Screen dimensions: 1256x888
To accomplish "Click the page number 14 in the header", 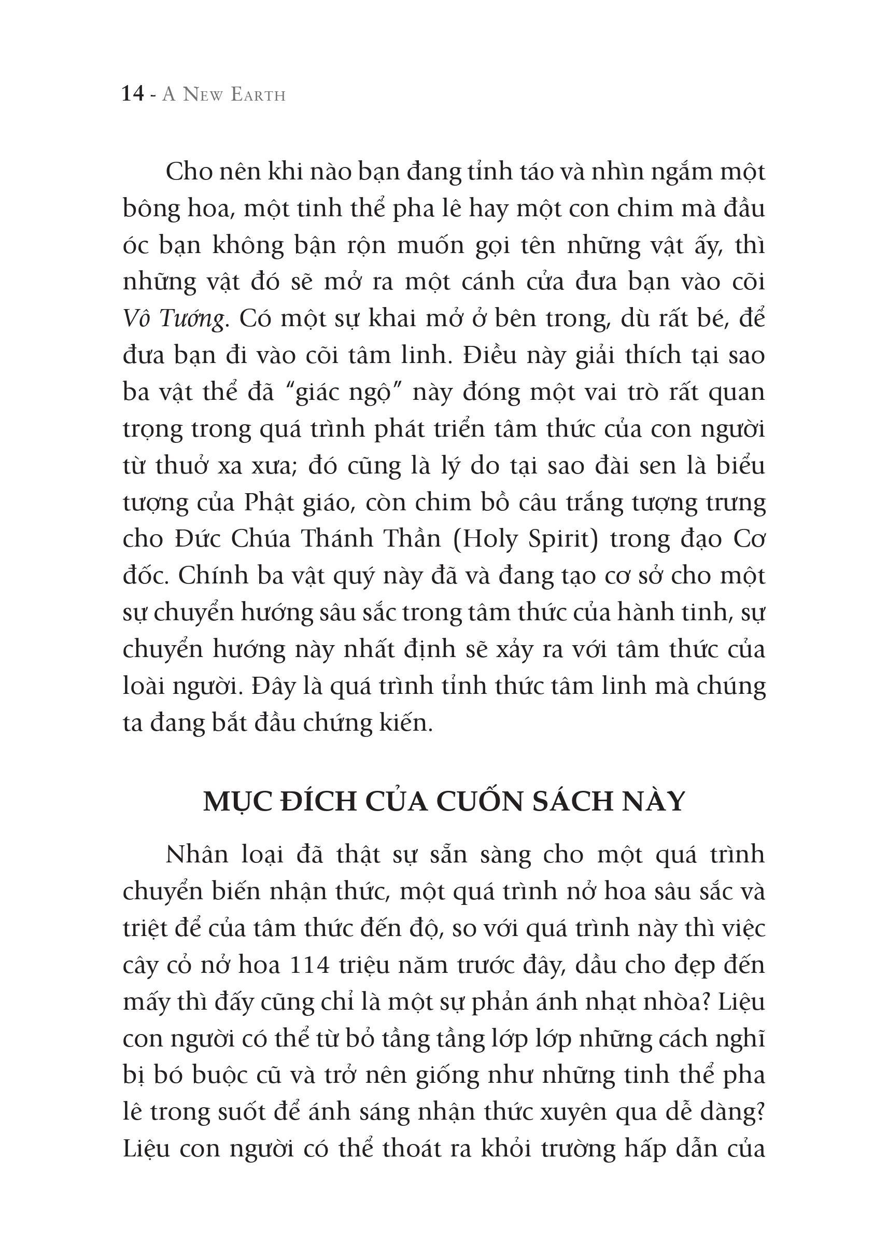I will [x=133, y=94].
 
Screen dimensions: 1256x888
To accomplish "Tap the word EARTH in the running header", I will [x=258, y=95].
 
